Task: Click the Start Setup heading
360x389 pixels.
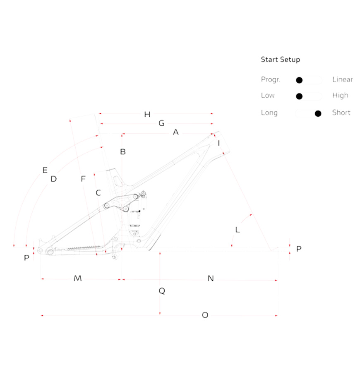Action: [x=281, y=60]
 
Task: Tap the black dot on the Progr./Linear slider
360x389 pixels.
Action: [x=299, y=80]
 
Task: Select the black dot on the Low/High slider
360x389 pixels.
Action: [x=299, y=96]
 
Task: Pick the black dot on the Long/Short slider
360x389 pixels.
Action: [x=318, y=114]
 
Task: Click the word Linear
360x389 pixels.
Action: [x=342, y=79]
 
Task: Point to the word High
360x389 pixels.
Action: [x=340, y=96]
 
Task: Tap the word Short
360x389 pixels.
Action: [x=341, y=113]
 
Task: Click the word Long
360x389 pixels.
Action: [x=269, y=113]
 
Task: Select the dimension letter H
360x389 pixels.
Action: [x=147, y=114]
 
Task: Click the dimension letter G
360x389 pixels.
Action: [x=161, y=123]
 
